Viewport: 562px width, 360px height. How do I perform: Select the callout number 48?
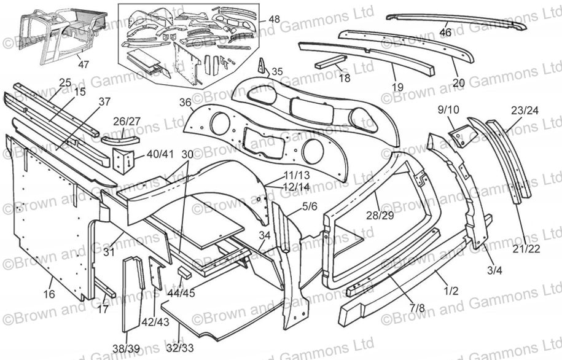pos(274,19)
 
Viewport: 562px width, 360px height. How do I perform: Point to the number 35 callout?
pos(277,72)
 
